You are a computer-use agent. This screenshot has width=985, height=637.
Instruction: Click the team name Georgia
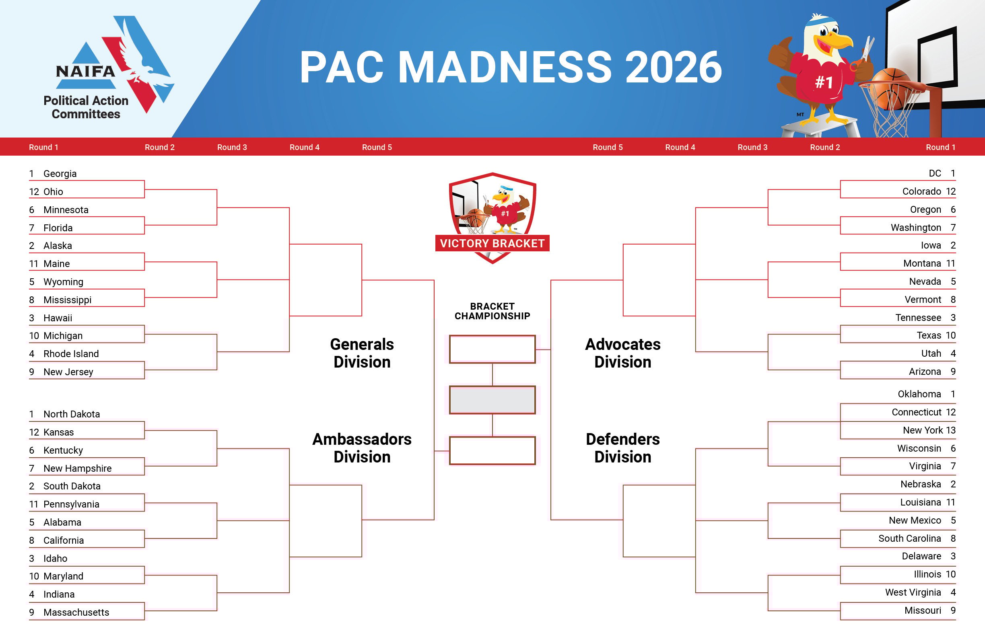pos(60,174)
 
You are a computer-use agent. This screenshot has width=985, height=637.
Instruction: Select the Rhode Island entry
pos(71,353)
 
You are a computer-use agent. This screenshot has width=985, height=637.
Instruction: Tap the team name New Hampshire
pos(77,468)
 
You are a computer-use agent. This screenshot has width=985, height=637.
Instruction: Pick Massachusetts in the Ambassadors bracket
pos(76,612)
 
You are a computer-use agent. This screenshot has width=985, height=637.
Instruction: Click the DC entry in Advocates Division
pos(935,173)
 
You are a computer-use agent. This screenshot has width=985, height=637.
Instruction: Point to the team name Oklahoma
pos(919,394)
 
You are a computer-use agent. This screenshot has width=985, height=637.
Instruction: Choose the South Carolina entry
pos(910,538)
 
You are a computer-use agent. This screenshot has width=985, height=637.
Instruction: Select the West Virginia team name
pos(913,592)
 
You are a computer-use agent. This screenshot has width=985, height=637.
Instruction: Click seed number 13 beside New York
pos(951,430)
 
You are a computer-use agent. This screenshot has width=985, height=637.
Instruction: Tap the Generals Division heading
pos(362,353)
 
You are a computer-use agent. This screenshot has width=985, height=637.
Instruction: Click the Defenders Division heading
pos(622,448)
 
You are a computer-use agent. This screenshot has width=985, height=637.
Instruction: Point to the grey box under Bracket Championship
pos(492,400)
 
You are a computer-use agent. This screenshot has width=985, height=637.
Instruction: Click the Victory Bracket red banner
pos(492,243)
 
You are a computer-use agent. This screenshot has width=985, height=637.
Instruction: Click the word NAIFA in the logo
pos(86,72)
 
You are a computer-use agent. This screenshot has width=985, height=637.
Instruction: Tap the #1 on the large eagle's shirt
pos(824,82)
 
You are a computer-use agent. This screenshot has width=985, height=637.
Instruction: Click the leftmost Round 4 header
pos(304,147)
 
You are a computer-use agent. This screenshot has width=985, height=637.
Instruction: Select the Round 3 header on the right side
pos(752,147)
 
